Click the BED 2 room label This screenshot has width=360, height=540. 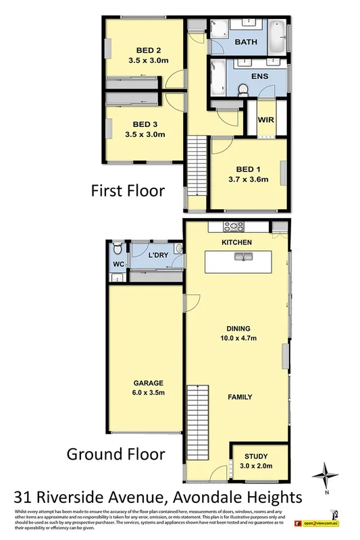click(148, 50)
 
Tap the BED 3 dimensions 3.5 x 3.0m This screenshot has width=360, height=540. click(145, 134)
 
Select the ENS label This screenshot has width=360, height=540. click(259, 76)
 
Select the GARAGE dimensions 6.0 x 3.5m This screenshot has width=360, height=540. click(145, 392)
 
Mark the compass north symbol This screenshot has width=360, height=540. click(328, 473)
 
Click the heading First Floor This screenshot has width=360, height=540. click(128, 191)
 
